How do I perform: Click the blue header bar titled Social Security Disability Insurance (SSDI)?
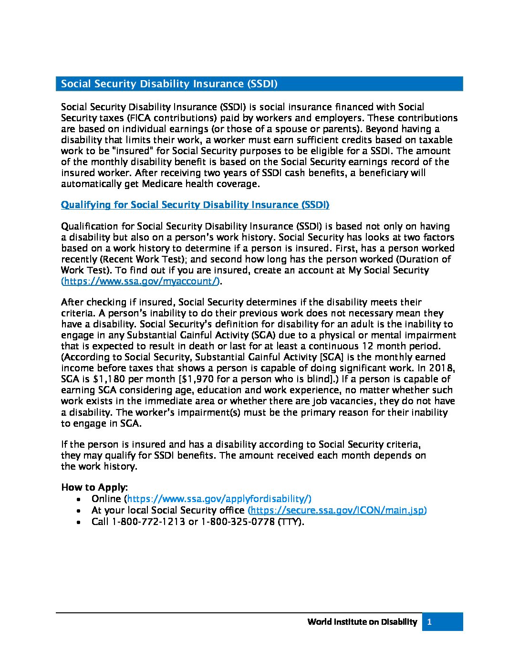point(259,84)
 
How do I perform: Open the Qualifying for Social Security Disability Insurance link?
point(195,205)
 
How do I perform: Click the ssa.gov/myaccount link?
point(141,281)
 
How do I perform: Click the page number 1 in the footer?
point(430,622)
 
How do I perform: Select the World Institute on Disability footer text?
point(362,622)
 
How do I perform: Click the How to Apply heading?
point(94,487)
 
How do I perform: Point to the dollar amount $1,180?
point(102,379)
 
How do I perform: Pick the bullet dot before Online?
point(79,499)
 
